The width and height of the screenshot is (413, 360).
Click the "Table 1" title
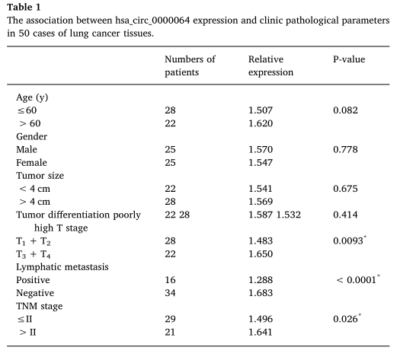[x=24, y=7]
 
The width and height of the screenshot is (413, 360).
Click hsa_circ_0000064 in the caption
[x=152, y=21]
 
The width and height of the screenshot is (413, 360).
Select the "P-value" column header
[x=349, y=59]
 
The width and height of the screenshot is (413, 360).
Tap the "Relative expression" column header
[x=271, y=65]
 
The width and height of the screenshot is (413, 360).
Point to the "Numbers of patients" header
[x=190, y=65]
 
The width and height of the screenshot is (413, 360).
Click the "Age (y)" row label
[x=32, y=97]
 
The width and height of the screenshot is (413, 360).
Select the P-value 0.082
[x=345, y=110]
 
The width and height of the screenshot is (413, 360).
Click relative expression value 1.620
[x=261, y=123]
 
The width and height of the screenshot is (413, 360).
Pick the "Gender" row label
[x=31, y=136]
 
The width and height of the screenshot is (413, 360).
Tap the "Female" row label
[x=31, y=162]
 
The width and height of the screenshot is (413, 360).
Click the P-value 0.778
[x=345, y=149]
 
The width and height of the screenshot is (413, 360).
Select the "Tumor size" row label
[x=40, y=176]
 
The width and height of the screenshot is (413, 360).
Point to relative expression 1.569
[x=261, y=202]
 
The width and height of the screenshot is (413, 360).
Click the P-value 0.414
[x=345, y=215]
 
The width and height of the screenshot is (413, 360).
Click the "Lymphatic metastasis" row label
[x=62, y=267]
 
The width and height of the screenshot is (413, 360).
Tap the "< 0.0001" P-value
[x=358, y=279]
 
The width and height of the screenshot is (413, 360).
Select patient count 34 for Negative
[x=170, y=293]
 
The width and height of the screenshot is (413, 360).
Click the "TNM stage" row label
[x=40, y=306]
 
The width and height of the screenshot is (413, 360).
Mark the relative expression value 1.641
[x=261, y=332]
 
